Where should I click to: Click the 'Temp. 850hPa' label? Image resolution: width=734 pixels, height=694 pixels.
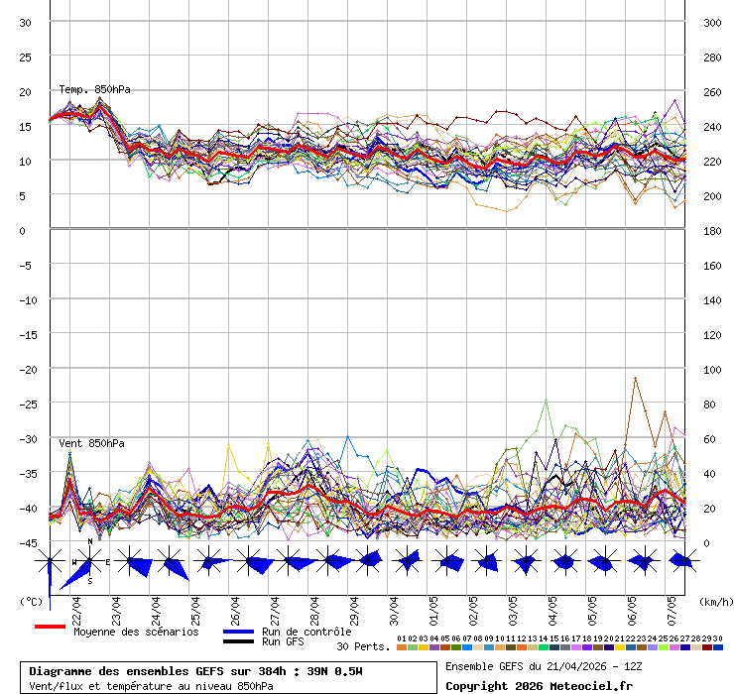coord(94,90)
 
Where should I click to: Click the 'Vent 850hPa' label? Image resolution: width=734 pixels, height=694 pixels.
coord(91,443)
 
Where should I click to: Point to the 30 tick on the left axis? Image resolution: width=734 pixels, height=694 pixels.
coord(25,23)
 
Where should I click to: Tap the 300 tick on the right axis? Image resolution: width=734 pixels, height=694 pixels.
coord(712,23)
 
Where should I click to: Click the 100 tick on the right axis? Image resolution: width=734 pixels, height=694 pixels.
coord(712,369)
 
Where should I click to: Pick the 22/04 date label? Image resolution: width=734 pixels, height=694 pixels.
coord(77,606)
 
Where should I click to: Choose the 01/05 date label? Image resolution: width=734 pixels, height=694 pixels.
coord(433,606)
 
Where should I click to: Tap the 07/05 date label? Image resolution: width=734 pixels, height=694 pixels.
coord(672,606)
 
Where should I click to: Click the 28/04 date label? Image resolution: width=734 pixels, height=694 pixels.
coord(314,606)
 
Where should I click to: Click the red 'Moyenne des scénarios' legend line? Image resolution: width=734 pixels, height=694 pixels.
coord(50,627)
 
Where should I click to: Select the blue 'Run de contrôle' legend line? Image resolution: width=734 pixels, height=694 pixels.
coord(238,632)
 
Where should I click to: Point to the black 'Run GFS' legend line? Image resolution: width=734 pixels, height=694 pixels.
coord(238,641)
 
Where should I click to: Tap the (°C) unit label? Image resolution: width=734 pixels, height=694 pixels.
coord(31,601)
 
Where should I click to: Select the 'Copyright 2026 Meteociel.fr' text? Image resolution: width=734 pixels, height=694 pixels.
coord(539,685)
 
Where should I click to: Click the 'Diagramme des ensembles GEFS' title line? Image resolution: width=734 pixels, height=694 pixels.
coord(195,671)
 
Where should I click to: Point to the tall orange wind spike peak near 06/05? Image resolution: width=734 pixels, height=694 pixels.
coord(635,378)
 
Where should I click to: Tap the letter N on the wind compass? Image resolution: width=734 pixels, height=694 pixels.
coord(90,541)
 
